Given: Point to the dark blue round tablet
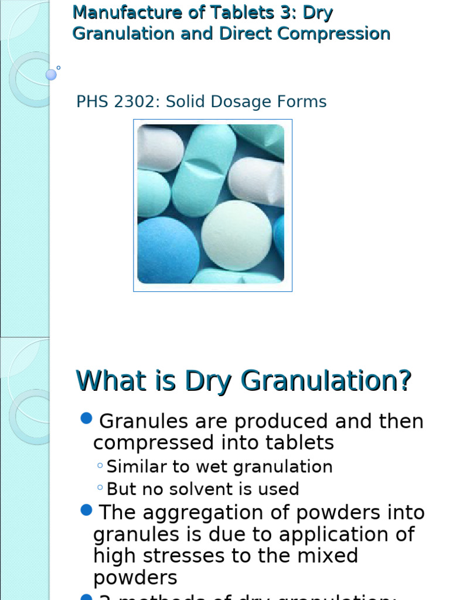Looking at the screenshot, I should pyautogui.click(x=167, y=250).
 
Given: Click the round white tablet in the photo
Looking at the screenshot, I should pyautogui.click(x=236, y=236).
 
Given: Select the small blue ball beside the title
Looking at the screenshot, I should pyautogui.click(x=51, y=74).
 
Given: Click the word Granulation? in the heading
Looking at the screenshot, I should pyautogui.click(x=326, y=381).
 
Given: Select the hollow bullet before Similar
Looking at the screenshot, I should pyautogui.click(x=100, y=466).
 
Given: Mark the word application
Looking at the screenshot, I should pyautogui.click(x=330, y=534).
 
